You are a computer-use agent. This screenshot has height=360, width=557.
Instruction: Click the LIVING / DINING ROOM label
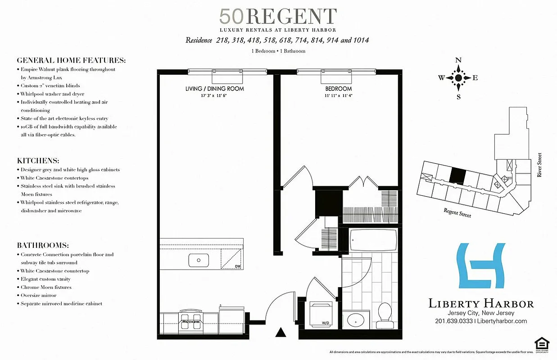(214, 89)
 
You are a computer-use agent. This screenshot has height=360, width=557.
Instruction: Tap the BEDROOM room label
(339, 89)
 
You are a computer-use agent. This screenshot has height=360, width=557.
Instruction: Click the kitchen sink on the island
(198, 260)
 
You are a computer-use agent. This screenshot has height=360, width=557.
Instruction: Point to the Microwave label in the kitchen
(190, 322)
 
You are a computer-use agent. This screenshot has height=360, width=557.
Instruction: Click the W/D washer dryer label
(325, 323)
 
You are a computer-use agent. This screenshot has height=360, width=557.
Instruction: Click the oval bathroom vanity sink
(356, 321)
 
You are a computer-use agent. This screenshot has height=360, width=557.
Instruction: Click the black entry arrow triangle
(281, 333)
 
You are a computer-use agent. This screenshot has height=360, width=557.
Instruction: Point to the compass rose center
(458, 78)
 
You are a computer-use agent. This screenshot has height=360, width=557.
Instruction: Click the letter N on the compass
(458, 60)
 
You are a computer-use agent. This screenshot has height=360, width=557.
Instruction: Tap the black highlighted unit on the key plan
(458, 175)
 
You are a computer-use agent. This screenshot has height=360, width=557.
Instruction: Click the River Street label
(539, 165)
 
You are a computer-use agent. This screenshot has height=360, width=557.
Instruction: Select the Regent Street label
(457, 213)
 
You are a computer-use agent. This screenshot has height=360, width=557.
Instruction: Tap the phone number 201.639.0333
(454, 321)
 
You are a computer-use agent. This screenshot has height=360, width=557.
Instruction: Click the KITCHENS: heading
(38, 161)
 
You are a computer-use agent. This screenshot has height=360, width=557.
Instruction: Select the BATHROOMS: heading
(43, 246)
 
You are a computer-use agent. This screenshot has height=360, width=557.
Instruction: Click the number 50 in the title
(232, 17)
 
